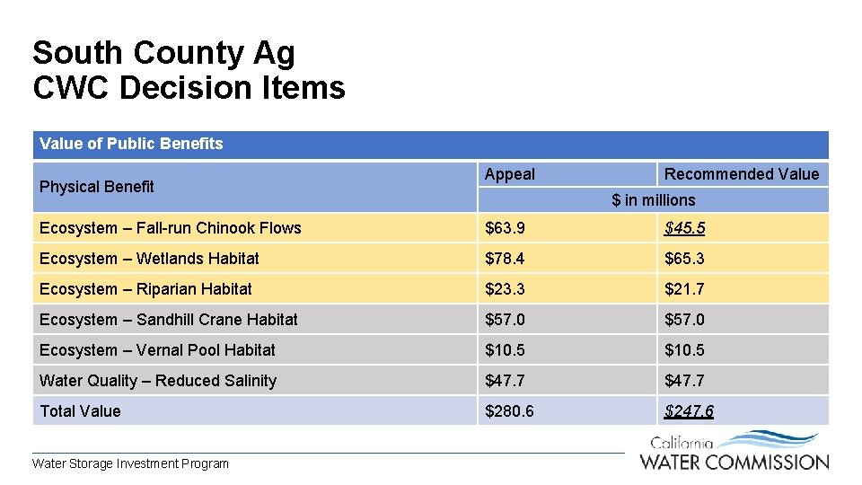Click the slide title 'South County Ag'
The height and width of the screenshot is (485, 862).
(163, 53)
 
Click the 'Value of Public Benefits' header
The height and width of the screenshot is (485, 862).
(131, 144)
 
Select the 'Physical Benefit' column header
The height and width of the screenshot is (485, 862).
(97, 187)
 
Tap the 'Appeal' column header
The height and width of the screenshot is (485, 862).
(509, 174)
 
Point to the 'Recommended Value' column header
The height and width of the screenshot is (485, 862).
(742, 174)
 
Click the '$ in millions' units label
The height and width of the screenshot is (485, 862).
(654, 200)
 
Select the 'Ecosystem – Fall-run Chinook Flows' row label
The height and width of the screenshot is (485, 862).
(171, 228)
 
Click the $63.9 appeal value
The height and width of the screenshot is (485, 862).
(506, 228)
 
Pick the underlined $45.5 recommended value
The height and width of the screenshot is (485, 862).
(684, 228)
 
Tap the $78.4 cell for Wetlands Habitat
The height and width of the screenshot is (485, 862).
(506, 259)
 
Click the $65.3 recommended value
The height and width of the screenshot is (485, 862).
(684, 259)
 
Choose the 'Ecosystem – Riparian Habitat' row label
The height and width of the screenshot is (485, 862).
(145, 289)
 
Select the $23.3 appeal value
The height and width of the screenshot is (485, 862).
(506, 289)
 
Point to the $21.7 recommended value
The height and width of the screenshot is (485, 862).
(684, 289)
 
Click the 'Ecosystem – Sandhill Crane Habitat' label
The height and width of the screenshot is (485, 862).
(169, 320)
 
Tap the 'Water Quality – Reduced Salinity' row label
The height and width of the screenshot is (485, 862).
(158, 381)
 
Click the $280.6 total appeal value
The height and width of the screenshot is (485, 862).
(509, 411)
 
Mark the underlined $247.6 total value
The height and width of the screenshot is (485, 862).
(689, 411)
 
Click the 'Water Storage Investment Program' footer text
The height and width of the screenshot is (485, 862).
(130, 463)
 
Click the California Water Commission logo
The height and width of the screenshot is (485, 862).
(734, 452)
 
